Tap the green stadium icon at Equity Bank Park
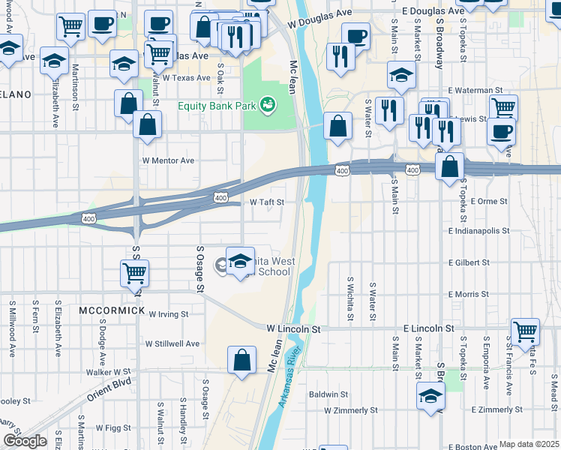click(x=265, y=103)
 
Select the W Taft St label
click(x=266, y=202)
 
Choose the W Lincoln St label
click(x=293, y=328)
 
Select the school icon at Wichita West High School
click(x=240, y=260)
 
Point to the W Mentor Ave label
click(x=168, y=160)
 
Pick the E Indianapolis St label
click(x=479, y=231)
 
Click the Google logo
click(x=25, y=441)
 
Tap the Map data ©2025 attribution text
click(x=529, y=444)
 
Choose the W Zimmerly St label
click(x=350, y=410)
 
